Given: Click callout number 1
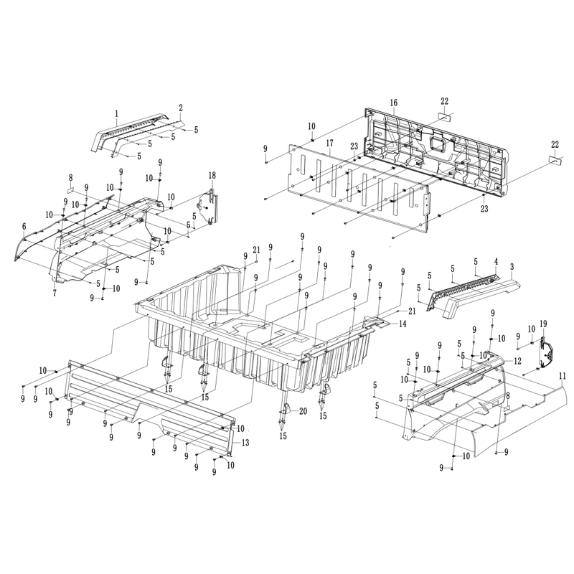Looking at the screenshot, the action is [x=117, y=114].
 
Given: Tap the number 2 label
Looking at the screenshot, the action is [x=181, y=108].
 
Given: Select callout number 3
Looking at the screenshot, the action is [x=512, y=267].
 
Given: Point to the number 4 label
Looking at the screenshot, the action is [x=496, y=262].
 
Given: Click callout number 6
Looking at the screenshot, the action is [x=24, y=227].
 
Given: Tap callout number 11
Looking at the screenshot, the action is [x=563, y=376].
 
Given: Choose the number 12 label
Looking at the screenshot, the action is [x=517, y=361].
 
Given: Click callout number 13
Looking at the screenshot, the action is [x=245, y=443].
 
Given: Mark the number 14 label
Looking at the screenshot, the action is [x=403, y=324].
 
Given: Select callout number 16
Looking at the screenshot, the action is [x=393, y=103].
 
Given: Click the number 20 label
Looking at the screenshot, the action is [x=303, y=411].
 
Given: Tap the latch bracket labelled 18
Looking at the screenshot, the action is [x=207, y=207].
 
